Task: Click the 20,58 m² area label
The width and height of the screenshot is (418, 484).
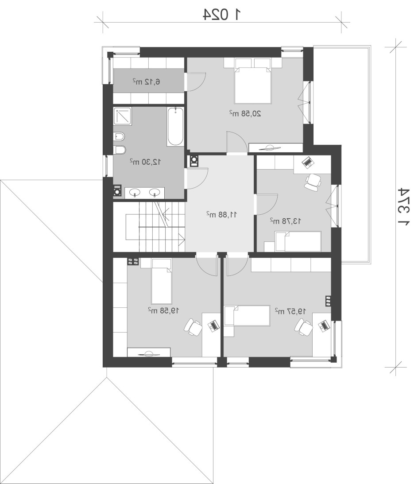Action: tap(245, 114)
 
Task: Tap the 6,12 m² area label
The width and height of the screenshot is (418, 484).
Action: tap(146, 82)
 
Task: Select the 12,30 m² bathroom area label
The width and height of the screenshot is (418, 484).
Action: tap(145, 162)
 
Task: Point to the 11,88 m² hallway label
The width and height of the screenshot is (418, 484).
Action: tap(222, 214)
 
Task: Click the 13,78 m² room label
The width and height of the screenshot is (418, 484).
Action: tap(286, 221)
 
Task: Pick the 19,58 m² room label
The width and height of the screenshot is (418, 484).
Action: tap(163, 310)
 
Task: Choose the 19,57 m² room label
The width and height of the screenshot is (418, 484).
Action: tap(290, 311)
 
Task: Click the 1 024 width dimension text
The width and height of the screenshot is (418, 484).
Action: tap(222, 15)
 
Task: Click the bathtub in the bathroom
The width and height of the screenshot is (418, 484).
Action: tap(175, 127)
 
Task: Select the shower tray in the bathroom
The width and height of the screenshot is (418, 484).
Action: tap(123, 116)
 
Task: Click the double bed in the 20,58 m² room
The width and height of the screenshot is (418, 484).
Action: tap(253, 81)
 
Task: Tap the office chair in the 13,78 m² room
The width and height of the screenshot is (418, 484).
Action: tap(313, 182)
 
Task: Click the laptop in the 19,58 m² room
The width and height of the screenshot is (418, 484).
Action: tap(213, 325)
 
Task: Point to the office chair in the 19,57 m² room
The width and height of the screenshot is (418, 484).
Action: tap(303, 328)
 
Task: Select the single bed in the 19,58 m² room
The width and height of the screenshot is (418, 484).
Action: tap(161, 282)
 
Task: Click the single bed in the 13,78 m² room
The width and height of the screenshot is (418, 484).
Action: tap(298, 241)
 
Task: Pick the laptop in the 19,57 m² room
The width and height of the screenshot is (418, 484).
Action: tap(323, 325)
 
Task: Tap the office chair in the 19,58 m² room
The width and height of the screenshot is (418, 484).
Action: tap(193, 327)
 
